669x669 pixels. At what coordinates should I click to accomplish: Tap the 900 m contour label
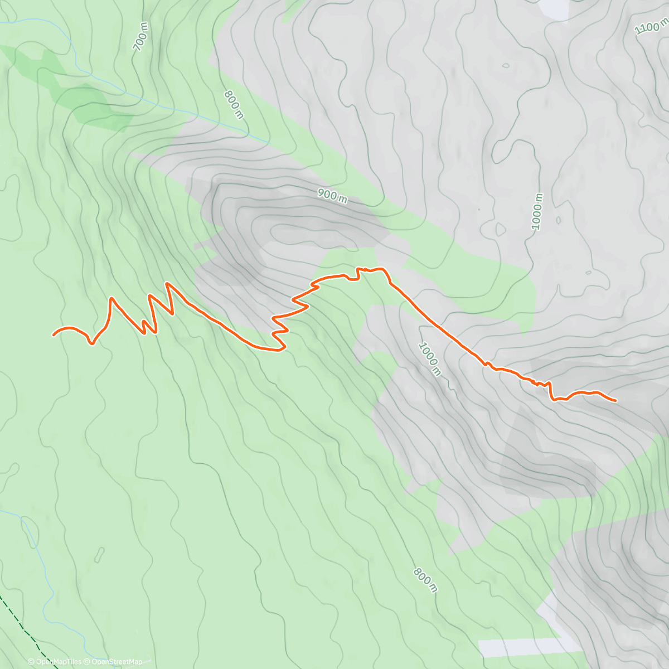point(332,195)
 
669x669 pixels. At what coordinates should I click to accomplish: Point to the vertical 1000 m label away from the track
point(537,212)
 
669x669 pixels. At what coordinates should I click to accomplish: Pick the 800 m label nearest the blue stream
point(234,104)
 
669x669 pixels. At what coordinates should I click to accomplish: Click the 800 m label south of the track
point(425,580)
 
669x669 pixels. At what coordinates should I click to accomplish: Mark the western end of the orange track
point(54,334)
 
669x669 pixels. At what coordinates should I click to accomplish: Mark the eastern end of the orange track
point(615,400)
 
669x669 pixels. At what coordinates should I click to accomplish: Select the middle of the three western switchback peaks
point(151,294)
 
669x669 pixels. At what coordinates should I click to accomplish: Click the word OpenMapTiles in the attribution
point(59,662)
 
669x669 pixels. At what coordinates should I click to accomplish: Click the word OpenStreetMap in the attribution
point(117,662)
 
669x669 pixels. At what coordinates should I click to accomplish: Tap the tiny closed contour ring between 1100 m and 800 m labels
point(505,65)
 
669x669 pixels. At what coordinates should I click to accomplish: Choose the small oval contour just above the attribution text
point(100,554)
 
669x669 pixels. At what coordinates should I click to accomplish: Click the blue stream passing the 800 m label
point(223,124)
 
